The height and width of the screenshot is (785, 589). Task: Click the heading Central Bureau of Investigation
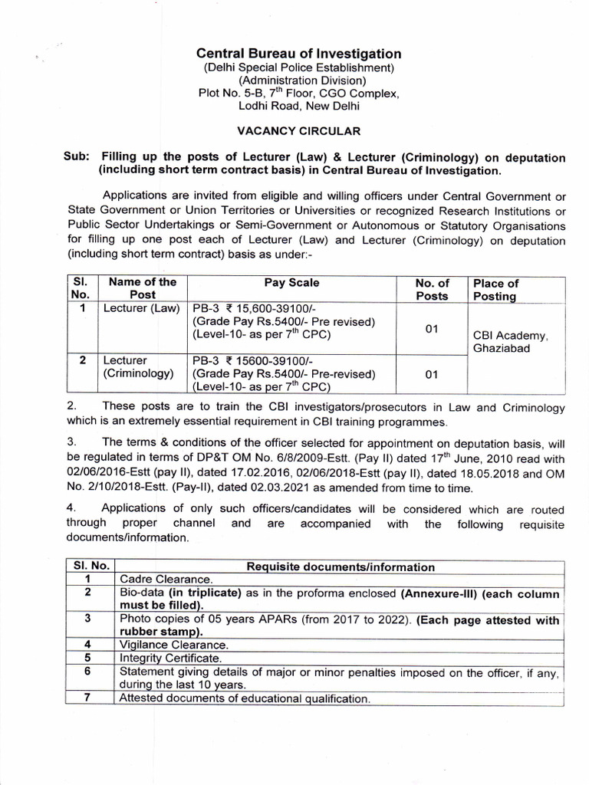pyautogui.click(x=298, y=54)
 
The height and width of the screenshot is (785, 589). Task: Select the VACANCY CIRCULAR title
pyautogui.click(x=298, y=131)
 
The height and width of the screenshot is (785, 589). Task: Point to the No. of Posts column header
pyautogui.click(x=432, y=289)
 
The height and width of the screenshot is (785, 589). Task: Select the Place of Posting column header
pyautogui.click(x=495, y=289)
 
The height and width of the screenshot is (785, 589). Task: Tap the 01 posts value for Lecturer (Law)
pyautogui.click(x=432, y=329)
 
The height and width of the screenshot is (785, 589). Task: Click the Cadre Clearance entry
pyautogui.click(x=166, y=580)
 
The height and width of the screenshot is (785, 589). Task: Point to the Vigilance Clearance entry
pyautogui.click(x=173, y=645)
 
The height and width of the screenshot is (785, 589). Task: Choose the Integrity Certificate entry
pyautogui.click(x=171, y=658)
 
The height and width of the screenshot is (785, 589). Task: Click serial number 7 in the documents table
pyautogui.click(x=89, y=698)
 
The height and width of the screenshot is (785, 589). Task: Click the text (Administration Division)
pyautogui.click(x=298, y=80)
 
